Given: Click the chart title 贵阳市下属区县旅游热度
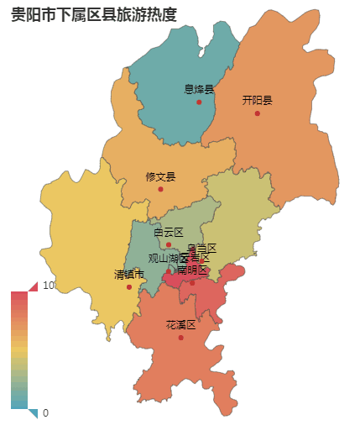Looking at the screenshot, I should (x=94, y=14).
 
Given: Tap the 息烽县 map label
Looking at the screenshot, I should (x=199, y=89).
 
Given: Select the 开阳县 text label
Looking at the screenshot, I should (x=258, y=100).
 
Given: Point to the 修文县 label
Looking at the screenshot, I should (x=160, y=176).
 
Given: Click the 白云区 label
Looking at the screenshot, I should (x=168, y=232).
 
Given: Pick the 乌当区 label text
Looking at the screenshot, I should (x=201, y=248).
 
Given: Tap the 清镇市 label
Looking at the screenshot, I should (x=129, y=275).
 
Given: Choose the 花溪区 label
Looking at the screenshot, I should (x=180, y=325).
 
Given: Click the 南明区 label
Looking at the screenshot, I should (x=192, y=270).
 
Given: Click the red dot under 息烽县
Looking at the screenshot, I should (x=199, y=102).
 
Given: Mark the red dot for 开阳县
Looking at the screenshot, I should (x=258, y=113).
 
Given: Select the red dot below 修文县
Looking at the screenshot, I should (x=160, y=189).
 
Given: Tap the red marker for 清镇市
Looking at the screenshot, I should (x=129, y=287).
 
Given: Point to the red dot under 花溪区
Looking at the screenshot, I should (x=180, y=338).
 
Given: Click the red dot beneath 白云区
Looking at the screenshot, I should (x=168, y=244).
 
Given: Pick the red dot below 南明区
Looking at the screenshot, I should (x=192, y=282).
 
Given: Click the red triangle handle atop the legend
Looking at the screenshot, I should (x=34, y=286).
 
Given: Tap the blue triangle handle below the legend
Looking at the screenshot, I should (x=34, y=412).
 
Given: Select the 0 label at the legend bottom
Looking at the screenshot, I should (x=45, y=412).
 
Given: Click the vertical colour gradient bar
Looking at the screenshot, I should (x=19, y=349).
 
